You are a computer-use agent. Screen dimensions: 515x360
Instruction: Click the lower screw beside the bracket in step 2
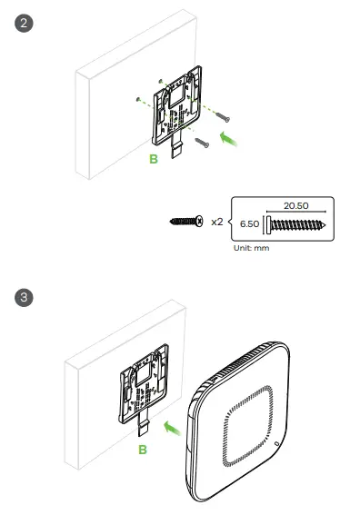[203, 142]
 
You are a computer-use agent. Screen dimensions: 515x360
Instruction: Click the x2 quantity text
[217, 222]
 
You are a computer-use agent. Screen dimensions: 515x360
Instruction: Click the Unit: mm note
[252, 244]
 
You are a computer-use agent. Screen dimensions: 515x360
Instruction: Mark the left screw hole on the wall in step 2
[135, 99]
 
